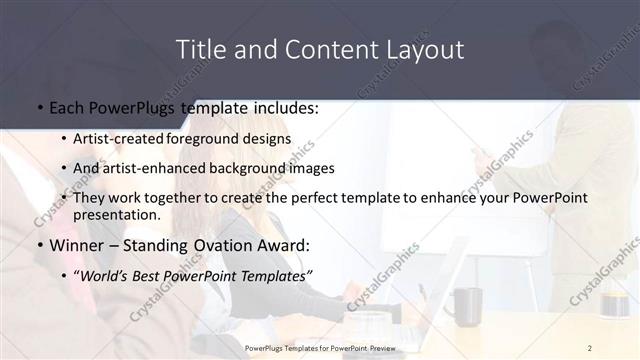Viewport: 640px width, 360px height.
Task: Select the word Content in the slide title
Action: [x=321, y=49]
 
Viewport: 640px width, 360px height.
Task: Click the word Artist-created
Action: [x=119, y=139]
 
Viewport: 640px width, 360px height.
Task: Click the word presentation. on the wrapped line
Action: [x=117, y=214]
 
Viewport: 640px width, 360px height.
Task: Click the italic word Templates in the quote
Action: [x=275, y=275]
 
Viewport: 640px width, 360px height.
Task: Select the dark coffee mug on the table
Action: [x=464, y=306]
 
